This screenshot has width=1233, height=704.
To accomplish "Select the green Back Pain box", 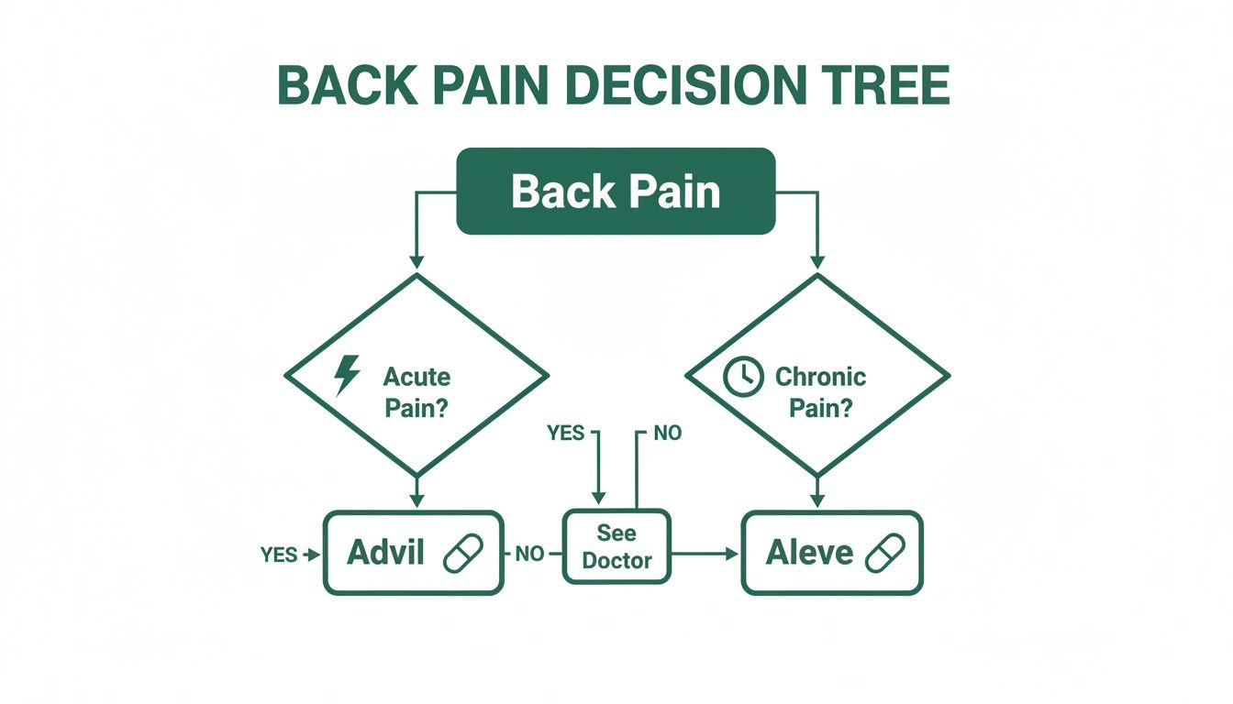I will (x=616, y=192).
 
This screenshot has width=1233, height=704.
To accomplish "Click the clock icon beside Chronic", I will (x=743, y=377).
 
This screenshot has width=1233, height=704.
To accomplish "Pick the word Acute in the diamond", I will (x=417, y=377).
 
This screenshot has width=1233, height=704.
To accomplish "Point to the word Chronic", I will (x=820, y=377).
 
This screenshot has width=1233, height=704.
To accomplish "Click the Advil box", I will (x=414, y=553).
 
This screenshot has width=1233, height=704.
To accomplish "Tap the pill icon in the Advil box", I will (x=462, y=554).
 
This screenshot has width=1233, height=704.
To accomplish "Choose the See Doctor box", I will (x=616, y=546).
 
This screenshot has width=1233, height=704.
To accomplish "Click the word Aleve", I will (x=810, y=553).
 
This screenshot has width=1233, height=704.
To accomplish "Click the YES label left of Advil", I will (x=280, y=555).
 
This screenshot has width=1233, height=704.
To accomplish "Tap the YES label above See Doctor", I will (x=565, y=433).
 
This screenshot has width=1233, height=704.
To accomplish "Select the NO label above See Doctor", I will (x=667, y=433).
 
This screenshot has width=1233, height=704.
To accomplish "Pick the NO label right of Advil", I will (x=529, y=555).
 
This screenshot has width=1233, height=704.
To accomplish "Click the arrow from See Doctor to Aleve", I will (x=706, y=554).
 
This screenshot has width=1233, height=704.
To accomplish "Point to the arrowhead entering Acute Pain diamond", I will (x=417, y=264).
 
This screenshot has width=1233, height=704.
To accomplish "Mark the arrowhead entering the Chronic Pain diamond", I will (x=817, y=264).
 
